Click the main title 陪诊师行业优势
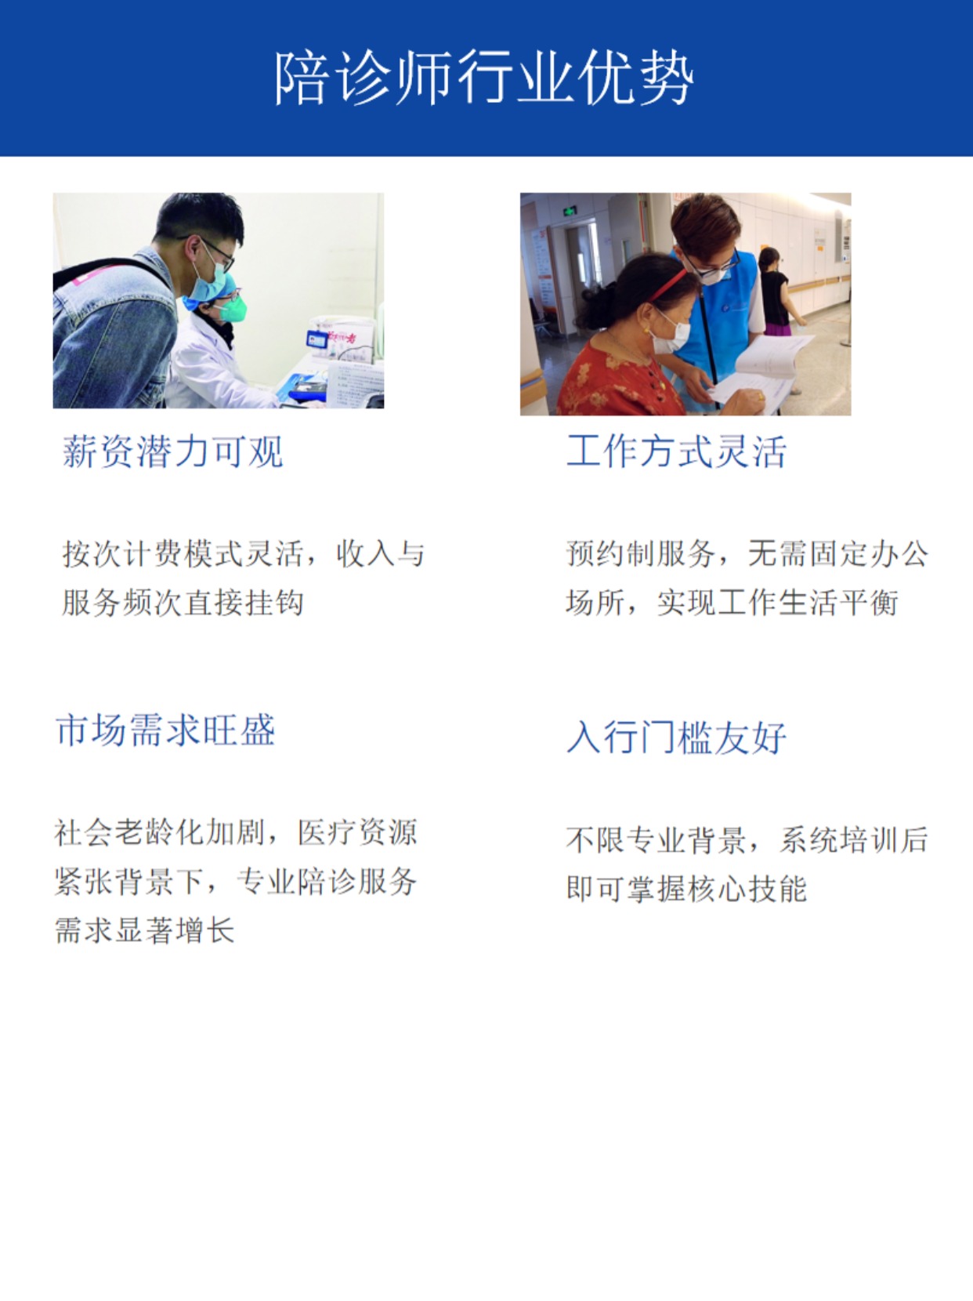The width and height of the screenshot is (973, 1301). (483, 78)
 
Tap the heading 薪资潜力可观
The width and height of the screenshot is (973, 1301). (172, 451)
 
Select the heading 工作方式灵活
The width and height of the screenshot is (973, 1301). (676, 451)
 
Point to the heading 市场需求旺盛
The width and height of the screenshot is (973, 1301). (165, 730)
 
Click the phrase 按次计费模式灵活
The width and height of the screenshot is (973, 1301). (183, 554)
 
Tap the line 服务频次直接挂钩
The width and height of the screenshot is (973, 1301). (183, 603)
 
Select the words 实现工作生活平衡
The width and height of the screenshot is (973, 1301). (778, 603)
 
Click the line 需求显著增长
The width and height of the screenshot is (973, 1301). (144, 930)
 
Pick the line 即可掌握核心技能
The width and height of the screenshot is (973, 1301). (687, 889)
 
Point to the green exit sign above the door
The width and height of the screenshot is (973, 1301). (569, 211)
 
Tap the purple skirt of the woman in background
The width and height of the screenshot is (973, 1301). (778, 330)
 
